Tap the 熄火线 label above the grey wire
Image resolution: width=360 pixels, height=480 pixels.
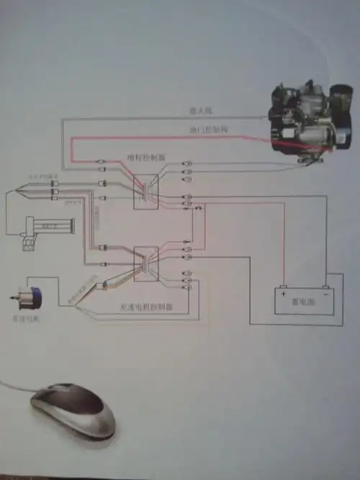199,110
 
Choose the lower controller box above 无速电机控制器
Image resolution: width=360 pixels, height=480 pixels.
147,265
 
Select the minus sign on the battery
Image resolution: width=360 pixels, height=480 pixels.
325,293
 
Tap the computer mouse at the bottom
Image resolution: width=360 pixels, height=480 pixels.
72,410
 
